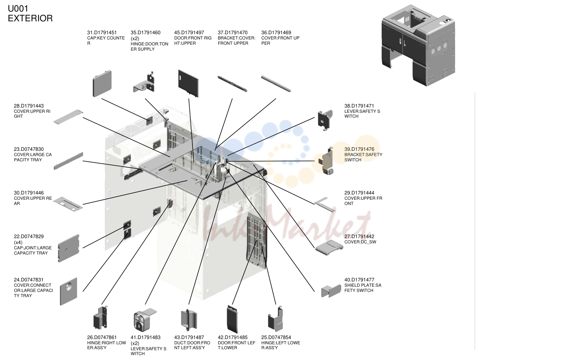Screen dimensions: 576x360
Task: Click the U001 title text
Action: point(18,9)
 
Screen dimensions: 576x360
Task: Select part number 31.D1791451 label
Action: point(102,32)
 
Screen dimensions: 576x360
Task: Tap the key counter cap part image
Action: point(102,83)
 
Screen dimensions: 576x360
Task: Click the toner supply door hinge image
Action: point(144,82)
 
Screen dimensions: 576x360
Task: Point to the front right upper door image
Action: point(188,83)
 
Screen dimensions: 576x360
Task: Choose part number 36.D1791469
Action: point(276,32)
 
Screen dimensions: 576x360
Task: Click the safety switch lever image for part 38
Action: point(325,120)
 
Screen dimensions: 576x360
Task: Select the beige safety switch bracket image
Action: point(326,161)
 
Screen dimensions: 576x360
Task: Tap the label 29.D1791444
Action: point(359,193)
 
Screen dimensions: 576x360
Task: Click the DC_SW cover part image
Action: point(329,247)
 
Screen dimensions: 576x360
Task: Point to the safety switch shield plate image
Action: point(331,291)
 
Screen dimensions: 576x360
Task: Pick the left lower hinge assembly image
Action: point(276,319)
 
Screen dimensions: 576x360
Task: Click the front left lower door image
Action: point(232,319)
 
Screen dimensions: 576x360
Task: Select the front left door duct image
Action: point(189,320)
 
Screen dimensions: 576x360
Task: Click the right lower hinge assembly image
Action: point(101,318)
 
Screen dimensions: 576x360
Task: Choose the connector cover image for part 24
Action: point(68,292)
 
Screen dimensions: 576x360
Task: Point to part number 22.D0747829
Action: point(29,236)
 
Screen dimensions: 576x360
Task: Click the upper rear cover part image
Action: point(68,204)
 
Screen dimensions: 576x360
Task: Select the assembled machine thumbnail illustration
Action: point(418,45)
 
